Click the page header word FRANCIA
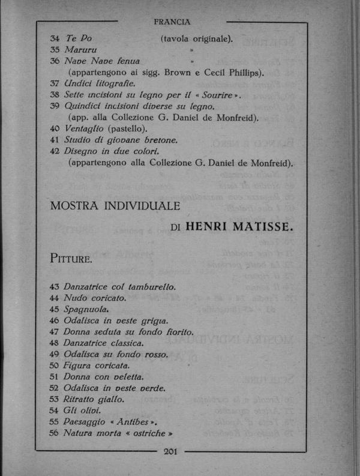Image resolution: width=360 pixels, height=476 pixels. click(172, 22)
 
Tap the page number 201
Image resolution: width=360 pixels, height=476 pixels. click(172, 452)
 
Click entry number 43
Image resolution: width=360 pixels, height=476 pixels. click(55, 287)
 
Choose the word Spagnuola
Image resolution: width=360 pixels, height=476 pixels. click(85, 309)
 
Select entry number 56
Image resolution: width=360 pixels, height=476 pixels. click(55, 433)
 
